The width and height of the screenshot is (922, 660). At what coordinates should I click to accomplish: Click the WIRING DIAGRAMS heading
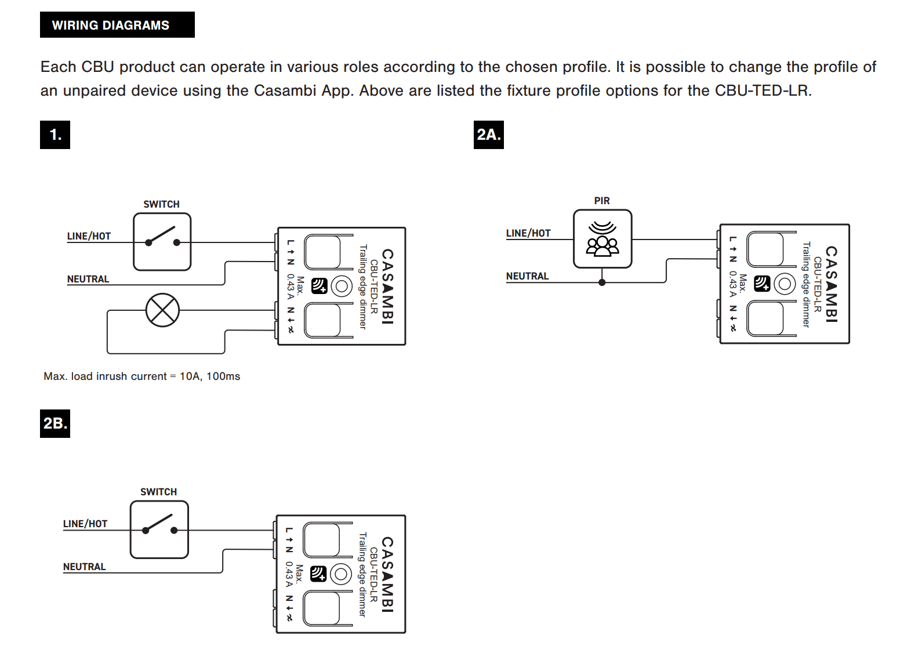coord(111,25)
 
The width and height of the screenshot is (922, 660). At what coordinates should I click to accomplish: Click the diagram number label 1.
coord(55,135)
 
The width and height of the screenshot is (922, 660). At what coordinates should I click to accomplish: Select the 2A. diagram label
coord(488,135)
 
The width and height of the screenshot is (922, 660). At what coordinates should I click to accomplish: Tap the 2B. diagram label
coord(55,423)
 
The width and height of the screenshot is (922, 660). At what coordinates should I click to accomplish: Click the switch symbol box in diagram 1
coord(162,241)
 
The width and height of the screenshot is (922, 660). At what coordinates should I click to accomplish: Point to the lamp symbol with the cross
coord(162,310)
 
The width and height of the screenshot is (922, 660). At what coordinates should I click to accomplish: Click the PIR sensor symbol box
coord(602,238)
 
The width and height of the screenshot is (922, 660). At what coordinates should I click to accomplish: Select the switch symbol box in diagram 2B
coord(159,530)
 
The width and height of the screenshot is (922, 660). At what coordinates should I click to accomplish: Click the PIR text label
coord(602,201)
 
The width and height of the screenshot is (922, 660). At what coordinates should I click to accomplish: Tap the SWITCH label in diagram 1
coord(161,204)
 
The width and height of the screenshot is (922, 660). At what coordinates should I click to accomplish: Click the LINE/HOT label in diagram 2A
coord(528,233)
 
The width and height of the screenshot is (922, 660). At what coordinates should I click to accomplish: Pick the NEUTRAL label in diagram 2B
coord(85,567)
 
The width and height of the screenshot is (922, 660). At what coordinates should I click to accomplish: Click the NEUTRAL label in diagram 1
coord(88,279)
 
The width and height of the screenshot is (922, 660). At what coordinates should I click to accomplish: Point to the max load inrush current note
coord(142,376)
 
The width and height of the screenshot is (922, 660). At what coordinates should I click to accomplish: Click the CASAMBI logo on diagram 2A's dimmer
coord(831,284)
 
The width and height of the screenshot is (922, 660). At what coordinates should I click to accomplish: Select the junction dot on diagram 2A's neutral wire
coord(602,282)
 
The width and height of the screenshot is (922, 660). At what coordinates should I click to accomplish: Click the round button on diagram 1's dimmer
coord(342,286)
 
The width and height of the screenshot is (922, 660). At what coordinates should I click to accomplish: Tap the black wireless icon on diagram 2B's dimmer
coord(318,574)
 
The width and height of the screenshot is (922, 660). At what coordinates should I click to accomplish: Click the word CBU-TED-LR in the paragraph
coord(762,91)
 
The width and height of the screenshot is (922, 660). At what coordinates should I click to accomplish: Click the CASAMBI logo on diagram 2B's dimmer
coord(387,574)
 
